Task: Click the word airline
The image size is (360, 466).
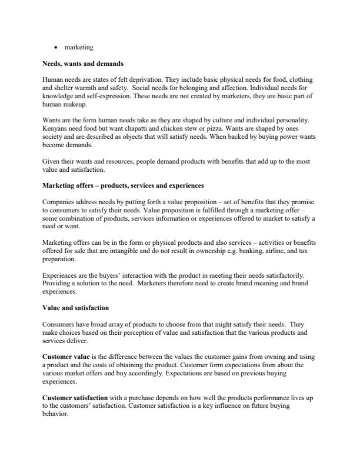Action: tap(279, 249)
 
